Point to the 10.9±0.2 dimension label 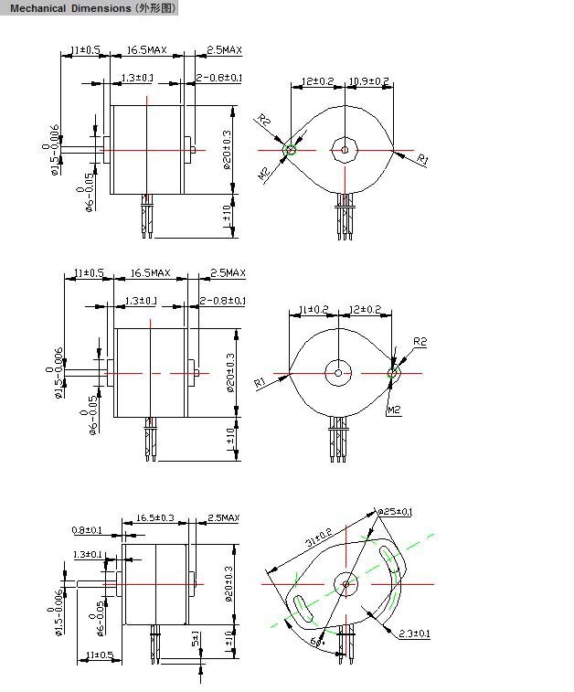[369, 81]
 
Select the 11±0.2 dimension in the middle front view [309, 310]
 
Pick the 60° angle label [317, 642]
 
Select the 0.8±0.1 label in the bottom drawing [87, 530]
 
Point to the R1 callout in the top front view [422, 160]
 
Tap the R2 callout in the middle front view [420, 341]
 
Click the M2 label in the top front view [263, 173]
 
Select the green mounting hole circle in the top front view [291, 149]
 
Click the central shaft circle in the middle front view [338, 371]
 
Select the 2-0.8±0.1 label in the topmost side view [219, 78]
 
